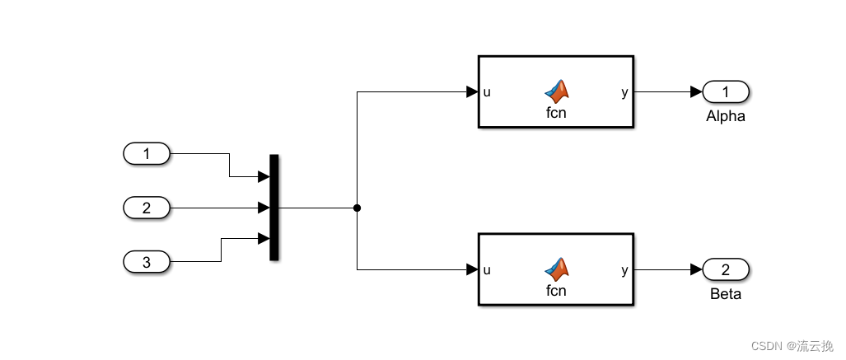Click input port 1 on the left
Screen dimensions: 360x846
coord(147,153)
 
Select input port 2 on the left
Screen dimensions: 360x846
coord(147,208)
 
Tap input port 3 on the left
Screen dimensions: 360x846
coord(147,262)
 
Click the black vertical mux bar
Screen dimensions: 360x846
coord(274,208)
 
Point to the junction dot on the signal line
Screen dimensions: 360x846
coord(357,208)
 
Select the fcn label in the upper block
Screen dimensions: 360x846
coord(557,114)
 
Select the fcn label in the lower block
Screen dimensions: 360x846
coord(557,291)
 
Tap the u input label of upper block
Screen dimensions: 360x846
coord(487,92)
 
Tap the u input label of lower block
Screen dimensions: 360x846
coord(487,269)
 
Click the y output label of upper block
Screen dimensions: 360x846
coord(624,92)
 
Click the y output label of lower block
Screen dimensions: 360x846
coord(624,269)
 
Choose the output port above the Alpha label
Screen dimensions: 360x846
coord(725,91)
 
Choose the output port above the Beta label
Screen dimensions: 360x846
coord(725,269)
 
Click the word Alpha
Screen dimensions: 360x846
coord(725,116)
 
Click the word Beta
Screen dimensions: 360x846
coord(725,294)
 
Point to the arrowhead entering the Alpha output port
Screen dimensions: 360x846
coord(697,91)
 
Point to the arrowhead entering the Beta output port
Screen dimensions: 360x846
coord(697,269)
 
